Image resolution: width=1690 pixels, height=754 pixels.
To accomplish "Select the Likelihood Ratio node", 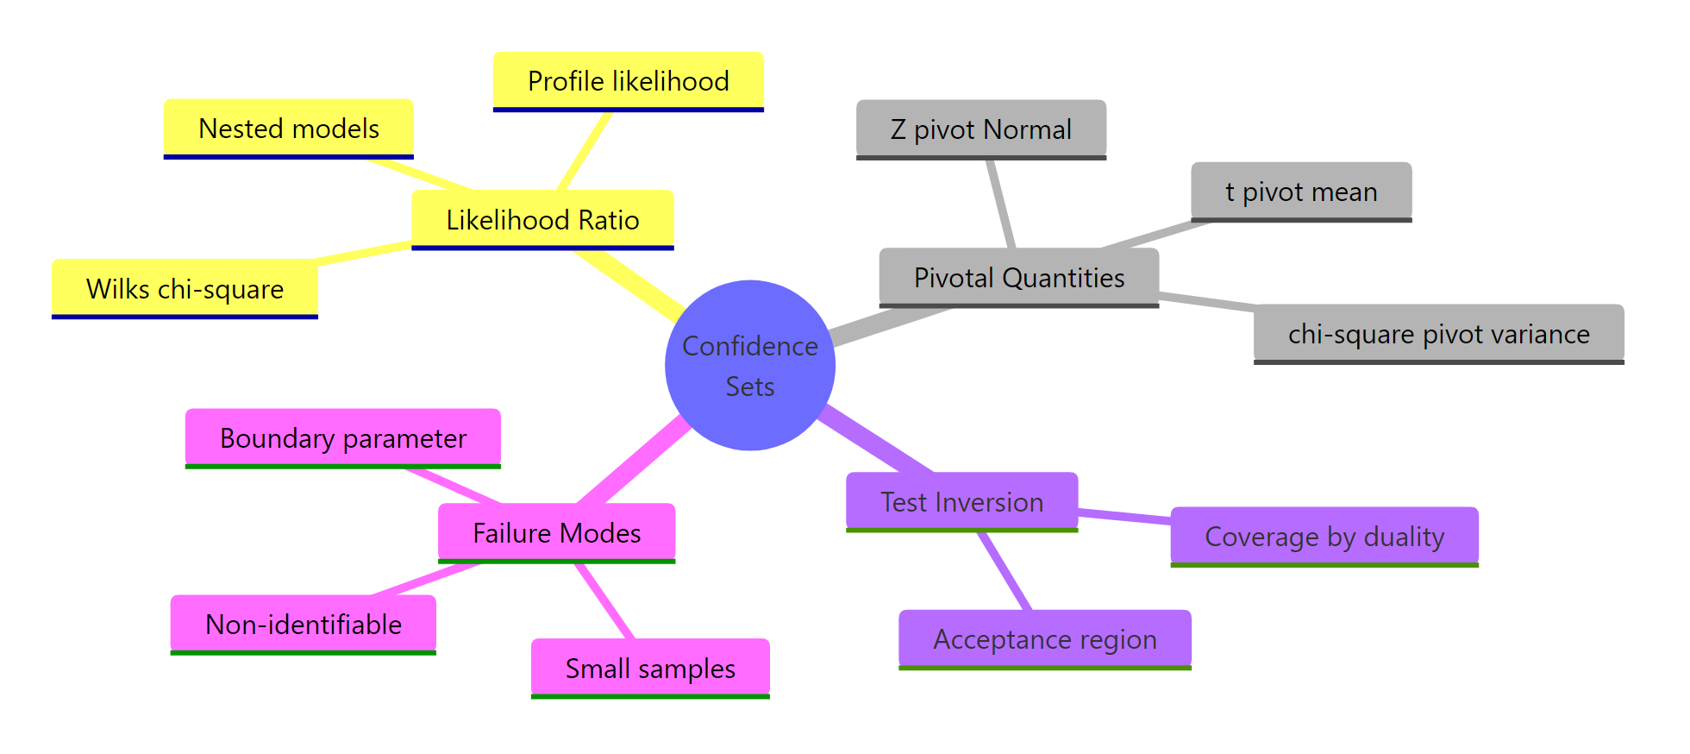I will [542, 219].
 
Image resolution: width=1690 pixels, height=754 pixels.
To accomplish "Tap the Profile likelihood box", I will [628, 81].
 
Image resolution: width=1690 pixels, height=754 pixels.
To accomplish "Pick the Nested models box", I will [288, 129].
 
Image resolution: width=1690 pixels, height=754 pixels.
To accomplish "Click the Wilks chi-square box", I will [185, 288].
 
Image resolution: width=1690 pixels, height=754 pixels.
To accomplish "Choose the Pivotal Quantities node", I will [1018, 277].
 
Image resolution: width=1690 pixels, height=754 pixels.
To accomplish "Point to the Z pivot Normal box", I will [980, 129].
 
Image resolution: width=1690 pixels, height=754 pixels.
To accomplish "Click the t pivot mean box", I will [1300, 192].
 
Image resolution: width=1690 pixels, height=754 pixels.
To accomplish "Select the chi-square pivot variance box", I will [1438, 333].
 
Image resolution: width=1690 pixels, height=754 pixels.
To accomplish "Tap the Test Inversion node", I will [961, 501].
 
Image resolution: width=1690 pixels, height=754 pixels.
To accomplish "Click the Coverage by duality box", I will [1324, 536].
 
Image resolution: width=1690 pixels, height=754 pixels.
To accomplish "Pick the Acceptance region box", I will [1044, 639].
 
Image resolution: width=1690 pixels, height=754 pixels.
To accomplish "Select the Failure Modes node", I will [556, 532].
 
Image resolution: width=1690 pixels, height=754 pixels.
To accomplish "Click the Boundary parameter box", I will [342, 438].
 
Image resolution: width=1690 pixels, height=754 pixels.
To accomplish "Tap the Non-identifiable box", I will [303, 624].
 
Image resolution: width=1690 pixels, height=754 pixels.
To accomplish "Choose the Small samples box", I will [649, 668].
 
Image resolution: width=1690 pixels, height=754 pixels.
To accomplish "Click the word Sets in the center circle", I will [749, 386].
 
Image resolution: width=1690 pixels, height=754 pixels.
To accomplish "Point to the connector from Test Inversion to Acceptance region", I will [1005, 571].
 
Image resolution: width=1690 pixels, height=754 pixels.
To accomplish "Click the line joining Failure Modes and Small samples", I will [605, 601].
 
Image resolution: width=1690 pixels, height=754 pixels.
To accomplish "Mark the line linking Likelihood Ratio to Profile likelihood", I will [585, 151].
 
